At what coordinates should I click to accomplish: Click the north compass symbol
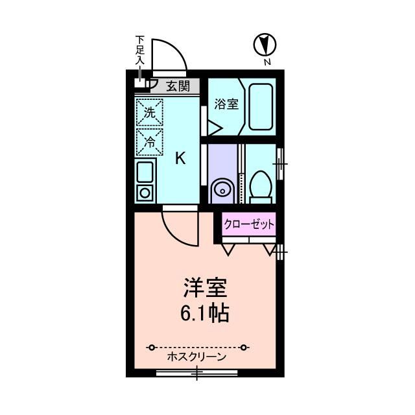pos(265,45)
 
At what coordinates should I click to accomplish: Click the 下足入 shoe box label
pos(140,51)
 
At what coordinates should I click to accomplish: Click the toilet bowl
pos(261,184)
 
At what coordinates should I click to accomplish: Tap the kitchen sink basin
pos(145,172)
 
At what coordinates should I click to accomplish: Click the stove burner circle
pos(144,193)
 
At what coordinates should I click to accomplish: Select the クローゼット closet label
pos(250,225)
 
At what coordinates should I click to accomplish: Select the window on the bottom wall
pos(196,373)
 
